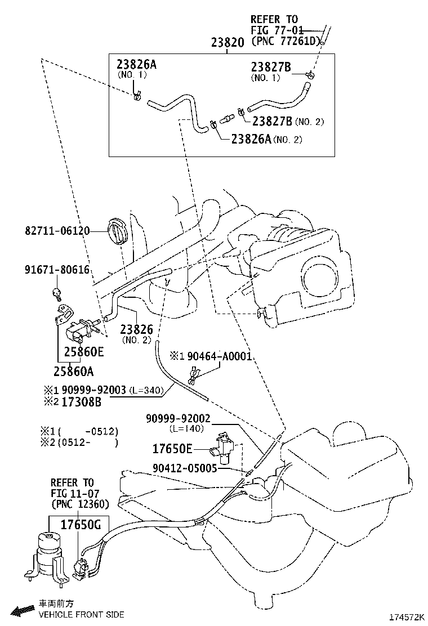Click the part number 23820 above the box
point(228,42)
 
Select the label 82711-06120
point(57,231)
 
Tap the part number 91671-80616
point(57,270)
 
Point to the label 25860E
point(84,352)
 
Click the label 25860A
point(73,372)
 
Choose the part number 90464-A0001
point(220,356)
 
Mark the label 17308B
point(81,402)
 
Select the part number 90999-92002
point(178,418)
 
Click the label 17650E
point(172,449)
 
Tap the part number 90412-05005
point(185,468)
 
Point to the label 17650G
point(81,524)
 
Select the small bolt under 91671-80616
point(57,293)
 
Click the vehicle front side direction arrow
point(23,610)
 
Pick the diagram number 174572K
point(406,617)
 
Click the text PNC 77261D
point(286,41)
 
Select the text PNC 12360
point(80,504)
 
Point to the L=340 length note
point(146,390)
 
